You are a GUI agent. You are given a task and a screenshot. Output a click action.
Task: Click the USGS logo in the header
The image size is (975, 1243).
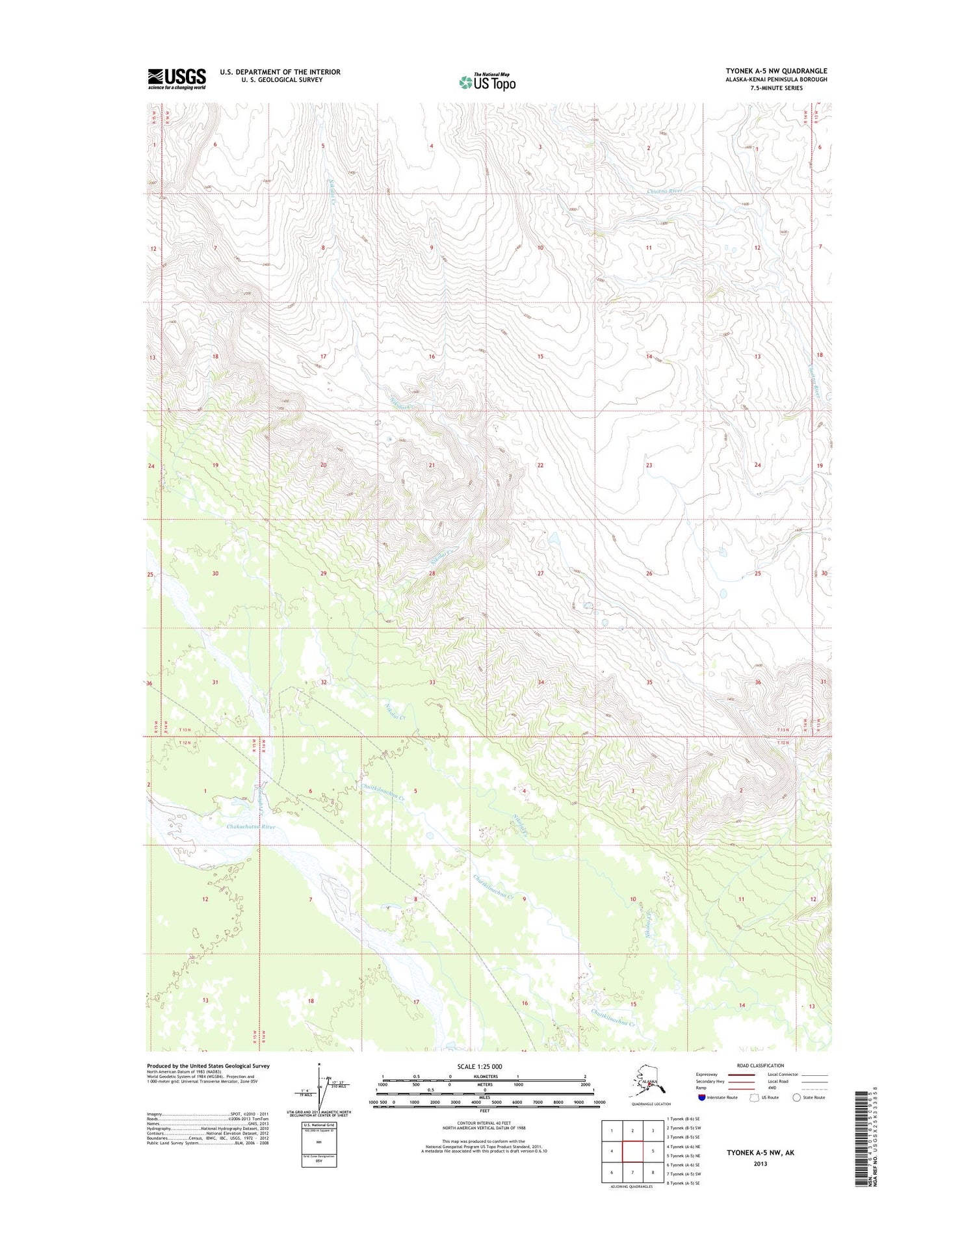[177, 79]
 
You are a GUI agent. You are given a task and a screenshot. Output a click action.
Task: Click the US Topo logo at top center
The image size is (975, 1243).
[487, 83]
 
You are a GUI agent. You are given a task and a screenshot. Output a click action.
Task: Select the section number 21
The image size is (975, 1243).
[432, 465]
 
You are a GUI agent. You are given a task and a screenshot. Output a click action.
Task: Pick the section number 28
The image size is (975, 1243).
[432, 573]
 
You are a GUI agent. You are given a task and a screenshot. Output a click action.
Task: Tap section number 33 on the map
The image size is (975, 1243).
[432, 682]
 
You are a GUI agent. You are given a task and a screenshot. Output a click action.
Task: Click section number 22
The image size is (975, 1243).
[540, 465]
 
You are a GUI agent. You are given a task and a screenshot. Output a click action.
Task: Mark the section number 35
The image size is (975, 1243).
[649, 682]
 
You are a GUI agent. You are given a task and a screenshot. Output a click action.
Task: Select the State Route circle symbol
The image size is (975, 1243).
[797, 1097]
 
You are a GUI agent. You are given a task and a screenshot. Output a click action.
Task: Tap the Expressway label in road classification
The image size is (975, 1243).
[707, 1075]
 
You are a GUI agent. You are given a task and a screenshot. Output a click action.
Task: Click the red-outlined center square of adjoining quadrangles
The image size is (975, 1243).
[632, 1152]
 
